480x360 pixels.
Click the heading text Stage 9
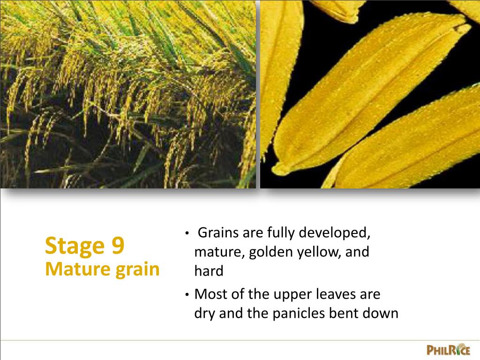tap(85, 246)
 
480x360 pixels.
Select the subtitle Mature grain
tap(102, 269)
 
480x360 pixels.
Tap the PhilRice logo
tap(448, 350)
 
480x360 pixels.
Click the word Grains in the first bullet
tap(216, 232)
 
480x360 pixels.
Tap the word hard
tap(209, 271)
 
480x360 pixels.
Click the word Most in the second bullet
tap(210, 294)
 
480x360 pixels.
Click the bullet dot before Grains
tap(187, 233)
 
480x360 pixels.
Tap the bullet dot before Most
tap(187, 295)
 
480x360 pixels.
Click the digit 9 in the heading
tap(119, 246)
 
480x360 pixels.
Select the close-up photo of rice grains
tap(370, 94)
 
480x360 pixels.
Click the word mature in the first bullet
tap(219, 252)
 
